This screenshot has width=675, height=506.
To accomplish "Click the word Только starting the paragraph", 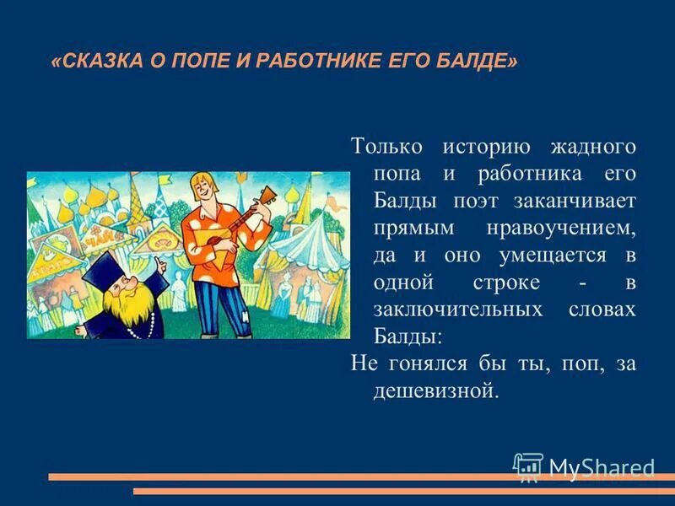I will pos(387,147).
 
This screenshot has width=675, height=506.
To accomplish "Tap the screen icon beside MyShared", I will pos(528,467).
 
